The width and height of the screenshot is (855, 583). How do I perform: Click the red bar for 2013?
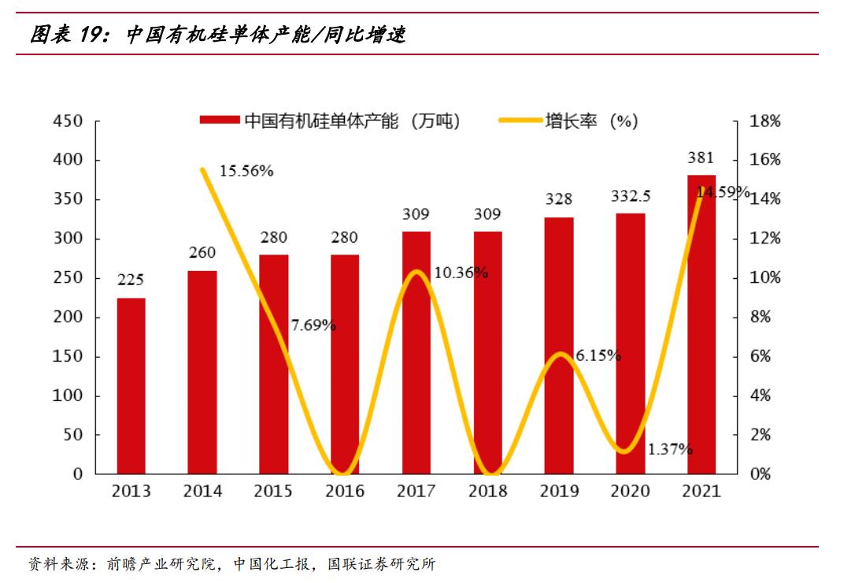tap(131, 386)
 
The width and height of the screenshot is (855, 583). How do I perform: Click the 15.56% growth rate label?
tap(246, 171)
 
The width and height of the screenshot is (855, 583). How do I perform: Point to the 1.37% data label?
tap(670, 449)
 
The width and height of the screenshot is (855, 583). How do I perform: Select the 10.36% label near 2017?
tap(461, 273)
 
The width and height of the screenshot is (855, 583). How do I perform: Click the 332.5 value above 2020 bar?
tap(631, 195)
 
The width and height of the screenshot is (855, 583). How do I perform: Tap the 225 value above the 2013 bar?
tap(131, 280)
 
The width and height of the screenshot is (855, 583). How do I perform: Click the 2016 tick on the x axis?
tap(345, 492)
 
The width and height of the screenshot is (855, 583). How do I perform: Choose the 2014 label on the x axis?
tap(202, 492)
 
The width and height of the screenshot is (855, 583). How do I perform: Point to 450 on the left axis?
tap(67, 121)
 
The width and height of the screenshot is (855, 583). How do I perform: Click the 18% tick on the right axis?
tap(765, 121)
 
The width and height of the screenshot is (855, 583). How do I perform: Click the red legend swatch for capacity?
tap(219, 121)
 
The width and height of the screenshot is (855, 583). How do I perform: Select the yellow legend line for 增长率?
tap(520, 121)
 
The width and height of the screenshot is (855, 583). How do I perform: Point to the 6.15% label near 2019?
tap(598, 355)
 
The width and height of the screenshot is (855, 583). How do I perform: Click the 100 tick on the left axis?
tap(67, 395)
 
